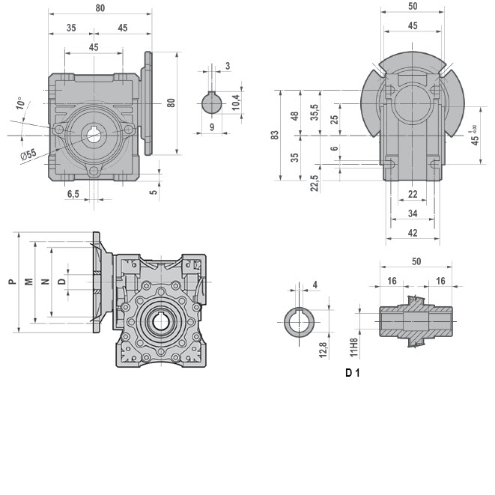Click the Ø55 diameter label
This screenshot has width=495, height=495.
[28, 155]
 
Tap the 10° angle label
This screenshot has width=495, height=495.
[21, 103]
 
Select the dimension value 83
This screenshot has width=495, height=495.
[275, 136]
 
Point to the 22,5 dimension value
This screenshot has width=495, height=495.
[315, 182]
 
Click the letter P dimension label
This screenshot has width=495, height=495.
[10, 282]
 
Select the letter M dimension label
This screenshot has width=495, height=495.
[28, 282]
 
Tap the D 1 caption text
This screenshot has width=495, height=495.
[353, 372]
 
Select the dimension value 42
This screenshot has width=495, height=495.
[412, 233]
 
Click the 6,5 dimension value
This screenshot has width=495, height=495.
[73, 194]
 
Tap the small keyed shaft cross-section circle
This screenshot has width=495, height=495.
[211, 101]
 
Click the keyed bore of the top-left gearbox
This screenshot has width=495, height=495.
[94, 136]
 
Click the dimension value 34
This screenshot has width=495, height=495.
[412, 213]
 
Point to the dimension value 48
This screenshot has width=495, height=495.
[294, 115]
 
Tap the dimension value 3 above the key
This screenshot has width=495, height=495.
[226, 66]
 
